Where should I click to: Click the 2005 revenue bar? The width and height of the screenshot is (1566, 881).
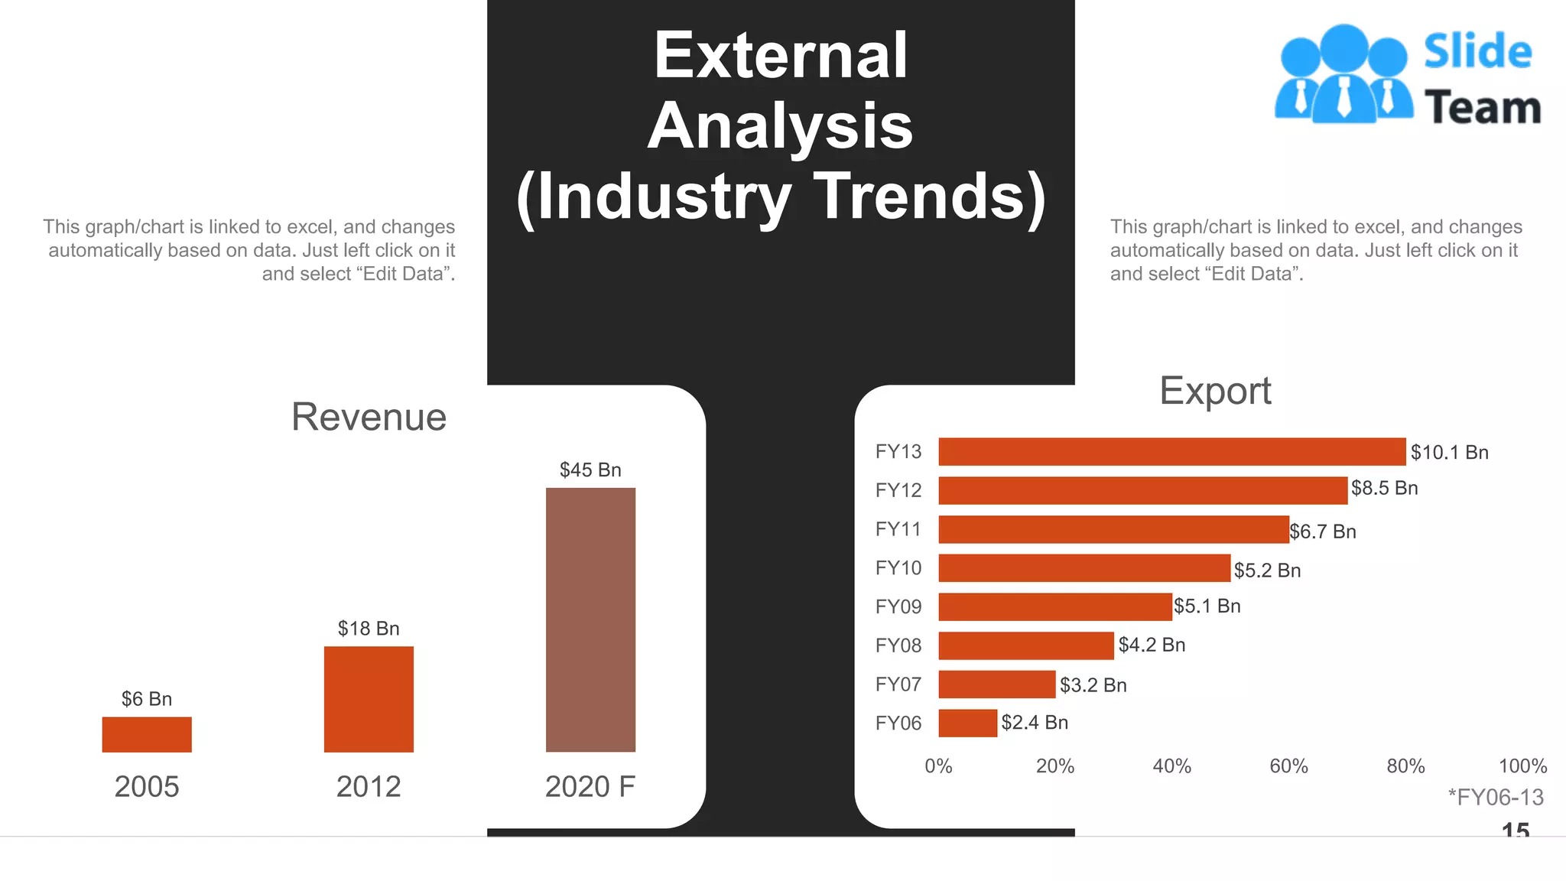tap(147, 734)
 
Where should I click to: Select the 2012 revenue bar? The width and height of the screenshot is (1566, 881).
tap(369, 699)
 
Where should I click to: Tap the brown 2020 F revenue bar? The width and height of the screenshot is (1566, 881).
tap(590, 619)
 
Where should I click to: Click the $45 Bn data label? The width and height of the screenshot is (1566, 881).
tap(590, 470)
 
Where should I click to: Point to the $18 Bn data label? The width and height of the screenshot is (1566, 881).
tap(369, 629)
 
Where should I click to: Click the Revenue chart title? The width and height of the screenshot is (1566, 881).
tap(369, 417)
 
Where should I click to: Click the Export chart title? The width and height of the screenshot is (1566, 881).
tap(1215, 391)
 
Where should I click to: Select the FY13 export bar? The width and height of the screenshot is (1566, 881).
tap(1171, 451)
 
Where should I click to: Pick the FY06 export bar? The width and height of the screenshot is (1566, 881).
tap(967, 723)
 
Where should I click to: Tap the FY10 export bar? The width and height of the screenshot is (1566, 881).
tap(1084, 568)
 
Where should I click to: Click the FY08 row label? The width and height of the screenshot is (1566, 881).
tap(898, 645)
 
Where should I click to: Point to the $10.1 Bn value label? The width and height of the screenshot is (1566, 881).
tap(1449, 452)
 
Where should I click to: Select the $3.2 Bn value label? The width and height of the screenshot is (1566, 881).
tap(1093, 685)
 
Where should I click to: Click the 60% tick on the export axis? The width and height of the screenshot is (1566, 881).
tap(1288, 766)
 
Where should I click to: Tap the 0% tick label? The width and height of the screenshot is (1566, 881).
tap(938, 766)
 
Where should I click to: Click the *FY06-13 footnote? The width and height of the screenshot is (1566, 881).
tap(1496, 798)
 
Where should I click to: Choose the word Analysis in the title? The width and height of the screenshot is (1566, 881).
tap(780, 126)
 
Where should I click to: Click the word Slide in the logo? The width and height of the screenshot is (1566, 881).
tap(1477, 52)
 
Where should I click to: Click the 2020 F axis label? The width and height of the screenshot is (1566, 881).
tap(590, 786)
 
